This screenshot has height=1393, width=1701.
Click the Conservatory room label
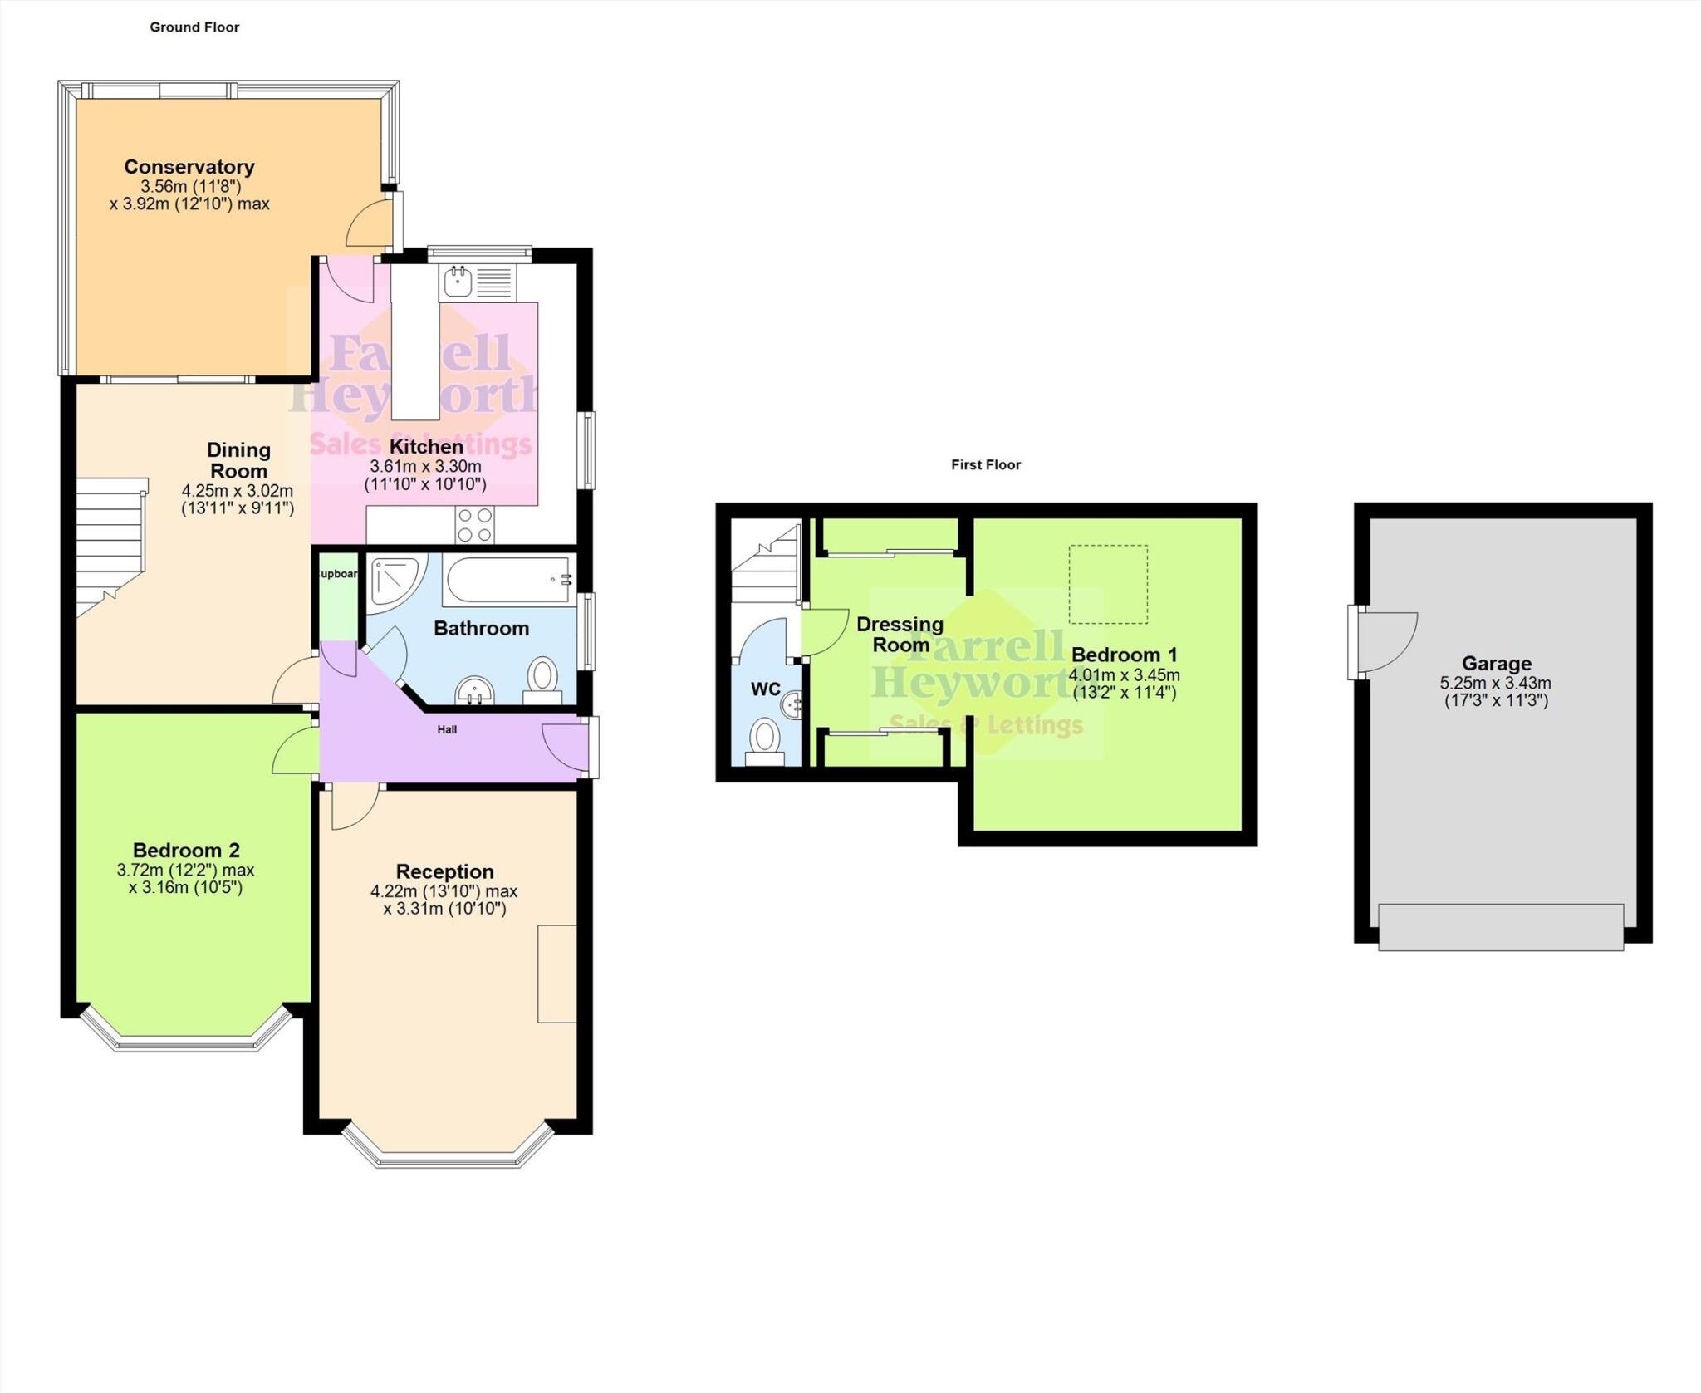189,167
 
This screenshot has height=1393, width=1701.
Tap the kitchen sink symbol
458,282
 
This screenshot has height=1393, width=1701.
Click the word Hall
447,730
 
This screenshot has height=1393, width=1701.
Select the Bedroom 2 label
186,851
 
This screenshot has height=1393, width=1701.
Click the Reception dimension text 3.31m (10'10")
444,909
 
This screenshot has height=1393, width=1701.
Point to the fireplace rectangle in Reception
556,973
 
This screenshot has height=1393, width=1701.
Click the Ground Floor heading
194,27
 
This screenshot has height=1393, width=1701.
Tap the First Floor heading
985,465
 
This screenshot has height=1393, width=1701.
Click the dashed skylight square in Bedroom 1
1107,584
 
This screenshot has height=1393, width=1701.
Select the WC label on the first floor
765,689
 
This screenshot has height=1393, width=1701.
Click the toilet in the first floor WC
765,739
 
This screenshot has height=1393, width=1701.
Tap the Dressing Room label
900,635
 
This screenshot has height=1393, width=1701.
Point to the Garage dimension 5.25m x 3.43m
1495,684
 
